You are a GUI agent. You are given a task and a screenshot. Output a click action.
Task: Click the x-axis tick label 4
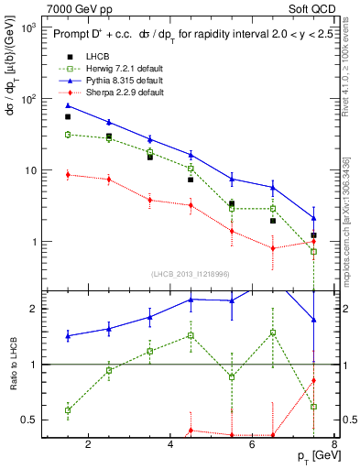[171, 446]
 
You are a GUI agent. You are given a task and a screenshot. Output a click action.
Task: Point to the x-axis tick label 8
[335, 446]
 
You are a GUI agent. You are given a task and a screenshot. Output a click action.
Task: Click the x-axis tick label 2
[88, 446]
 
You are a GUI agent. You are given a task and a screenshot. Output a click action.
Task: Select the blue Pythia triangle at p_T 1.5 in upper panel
[68, 105]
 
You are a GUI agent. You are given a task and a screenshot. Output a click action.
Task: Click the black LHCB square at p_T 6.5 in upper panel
[273, 221]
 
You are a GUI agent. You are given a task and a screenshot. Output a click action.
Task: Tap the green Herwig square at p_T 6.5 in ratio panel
[273, 333]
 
